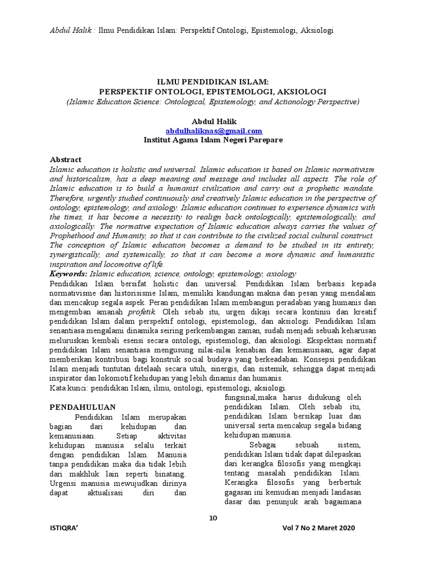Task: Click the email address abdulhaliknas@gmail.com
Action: click(214, 131)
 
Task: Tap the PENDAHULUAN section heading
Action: click(83, 407)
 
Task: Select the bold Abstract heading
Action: click(65, 159)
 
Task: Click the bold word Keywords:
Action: click(69, 273)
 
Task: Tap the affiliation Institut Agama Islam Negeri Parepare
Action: click(213, 140)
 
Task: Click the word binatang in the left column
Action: click(170, 473)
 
